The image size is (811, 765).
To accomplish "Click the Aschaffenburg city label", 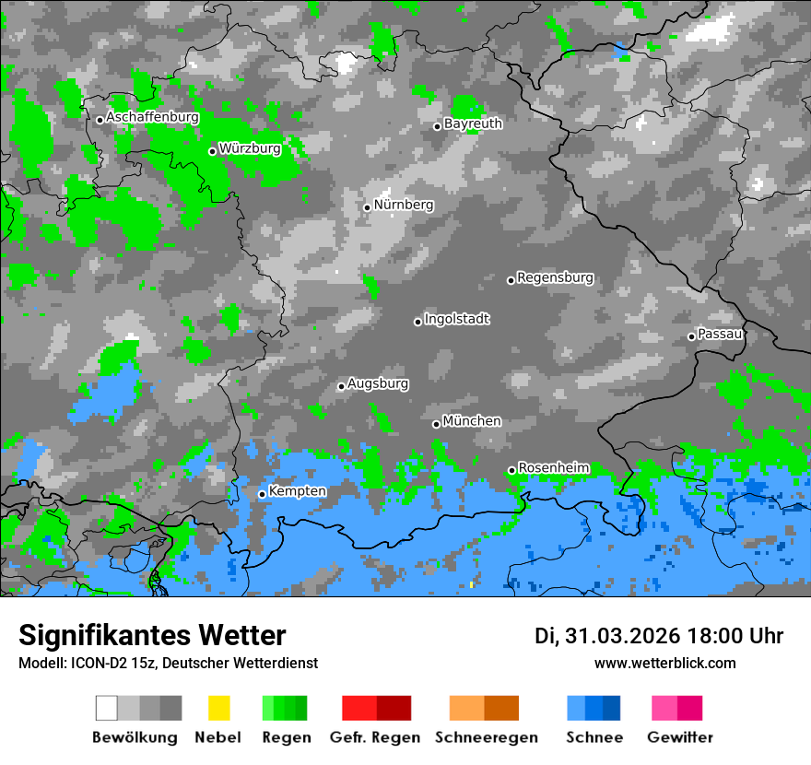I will coord(152,118).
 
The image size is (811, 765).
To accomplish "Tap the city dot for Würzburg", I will coord(212,151).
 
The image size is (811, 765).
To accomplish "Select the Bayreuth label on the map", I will coord(473,124).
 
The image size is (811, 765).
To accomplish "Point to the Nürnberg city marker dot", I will coord(367,207).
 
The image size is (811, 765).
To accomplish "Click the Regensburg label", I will coord(555,277).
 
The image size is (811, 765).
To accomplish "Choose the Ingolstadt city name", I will coord(457,319).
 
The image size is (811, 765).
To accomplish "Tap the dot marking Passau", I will coord(691,336).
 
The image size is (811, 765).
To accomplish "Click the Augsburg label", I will coord(378,383).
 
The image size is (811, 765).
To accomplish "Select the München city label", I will coord(472,421).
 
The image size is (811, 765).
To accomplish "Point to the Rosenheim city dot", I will coord(511,471).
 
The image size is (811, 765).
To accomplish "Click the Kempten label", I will coord(297,491).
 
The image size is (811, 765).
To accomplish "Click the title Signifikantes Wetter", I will coord(152,636).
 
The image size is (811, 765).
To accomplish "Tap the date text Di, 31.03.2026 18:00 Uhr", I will coord(658,636).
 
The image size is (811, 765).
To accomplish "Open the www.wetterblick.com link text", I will coord(664,663).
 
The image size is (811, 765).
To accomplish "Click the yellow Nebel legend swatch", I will coord(218,708).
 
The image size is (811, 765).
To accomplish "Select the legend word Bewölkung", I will coord(135,737).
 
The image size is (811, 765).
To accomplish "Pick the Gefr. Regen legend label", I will coord(375,737).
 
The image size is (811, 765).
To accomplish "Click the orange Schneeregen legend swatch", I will coord(484,708).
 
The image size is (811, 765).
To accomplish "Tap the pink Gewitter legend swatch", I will coord(676,708).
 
